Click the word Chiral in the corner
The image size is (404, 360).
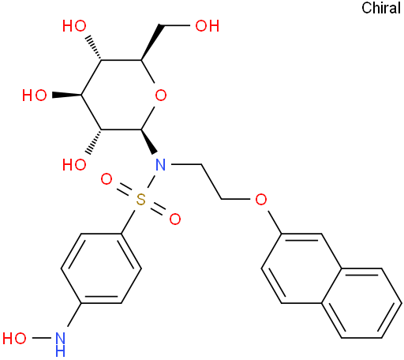381,8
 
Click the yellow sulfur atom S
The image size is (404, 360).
141,199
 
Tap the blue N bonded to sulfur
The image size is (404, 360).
161,165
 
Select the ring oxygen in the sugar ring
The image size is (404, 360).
161,95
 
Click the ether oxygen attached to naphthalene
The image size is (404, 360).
260,199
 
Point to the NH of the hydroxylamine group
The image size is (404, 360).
60,344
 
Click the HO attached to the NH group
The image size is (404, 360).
14,338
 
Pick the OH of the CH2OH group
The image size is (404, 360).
208,26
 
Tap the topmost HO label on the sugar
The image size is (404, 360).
74,26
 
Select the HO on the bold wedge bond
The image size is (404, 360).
35,95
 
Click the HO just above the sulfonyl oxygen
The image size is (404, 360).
74,165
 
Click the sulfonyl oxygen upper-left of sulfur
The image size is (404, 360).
107,179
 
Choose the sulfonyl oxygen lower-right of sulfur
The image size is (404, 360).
175,219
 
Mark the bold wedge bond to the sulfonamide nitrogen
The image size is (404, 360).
149,141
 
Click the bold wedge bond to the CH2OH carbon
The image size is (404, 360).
151,43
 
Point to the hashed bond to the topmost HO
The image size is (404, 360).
94,48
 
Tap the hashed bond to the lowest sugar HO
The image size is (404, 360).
94,142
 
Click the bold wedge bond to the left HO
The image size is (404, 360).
67,95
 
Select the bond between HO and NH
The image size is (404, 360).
42,338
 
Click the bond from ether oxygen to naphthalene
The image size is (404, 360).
274,222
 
